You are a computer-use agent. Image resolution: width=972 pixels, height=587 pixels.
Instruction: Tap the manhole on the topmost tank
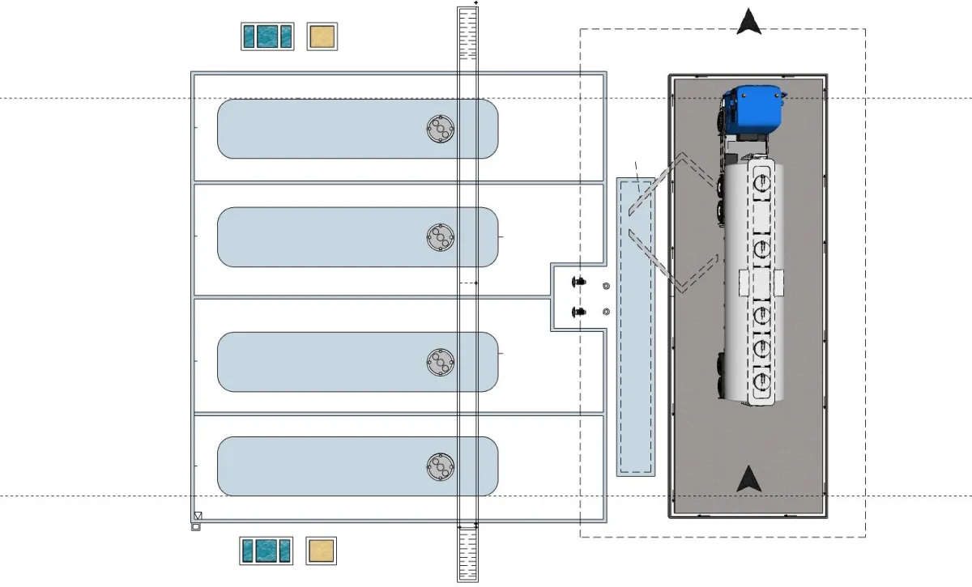tap(440, 129)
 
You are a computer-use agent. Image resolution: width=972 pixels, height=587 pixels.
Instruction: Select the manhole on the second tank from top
tap(440, 236)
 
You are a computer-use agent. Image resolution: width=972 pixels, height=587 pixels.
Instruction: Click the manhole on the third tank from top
tap(440, 362)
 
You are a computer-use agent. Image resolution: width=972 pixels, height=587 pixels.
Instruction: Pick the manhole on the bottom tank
tap(440, 466)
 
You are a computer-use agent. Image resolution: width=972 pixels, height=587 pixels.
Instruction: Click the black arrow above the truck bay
tap(749, 22)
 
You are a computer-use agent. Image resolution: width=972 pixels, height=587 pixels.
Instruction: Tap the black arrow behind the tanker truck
tap(749, 479)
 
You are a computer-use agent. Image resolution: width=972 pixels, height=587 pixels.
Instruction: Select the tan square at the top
tap(322, 36)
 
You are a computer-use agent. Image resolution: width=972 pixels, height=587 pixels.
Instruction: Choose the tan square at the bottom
tap(322, 551)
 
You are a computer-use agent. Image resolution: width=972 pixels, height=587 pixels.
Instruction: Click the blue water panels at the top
tap(267, 36)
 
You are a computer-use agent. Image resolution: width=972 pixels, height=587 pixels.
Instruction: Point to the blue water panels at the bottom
tap(266, 551)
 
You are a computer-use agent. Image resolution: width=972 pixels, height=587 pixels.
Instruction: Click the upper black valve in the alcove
tap(578, 282)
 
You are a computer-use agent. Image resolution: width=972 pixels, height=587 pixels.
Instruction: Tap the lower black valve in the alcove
tap(578, 312)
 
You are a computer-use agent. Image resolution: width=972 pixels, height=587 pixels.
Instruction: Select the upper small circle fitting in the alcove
tap(606, 287)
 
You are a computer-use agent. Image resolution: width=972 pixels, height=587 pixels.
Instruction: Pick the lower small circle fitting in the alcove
tap(606, 312)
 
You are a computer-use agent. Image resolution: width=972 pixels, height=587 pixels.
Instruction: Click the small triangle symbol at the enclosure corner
tap(197, 516)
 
